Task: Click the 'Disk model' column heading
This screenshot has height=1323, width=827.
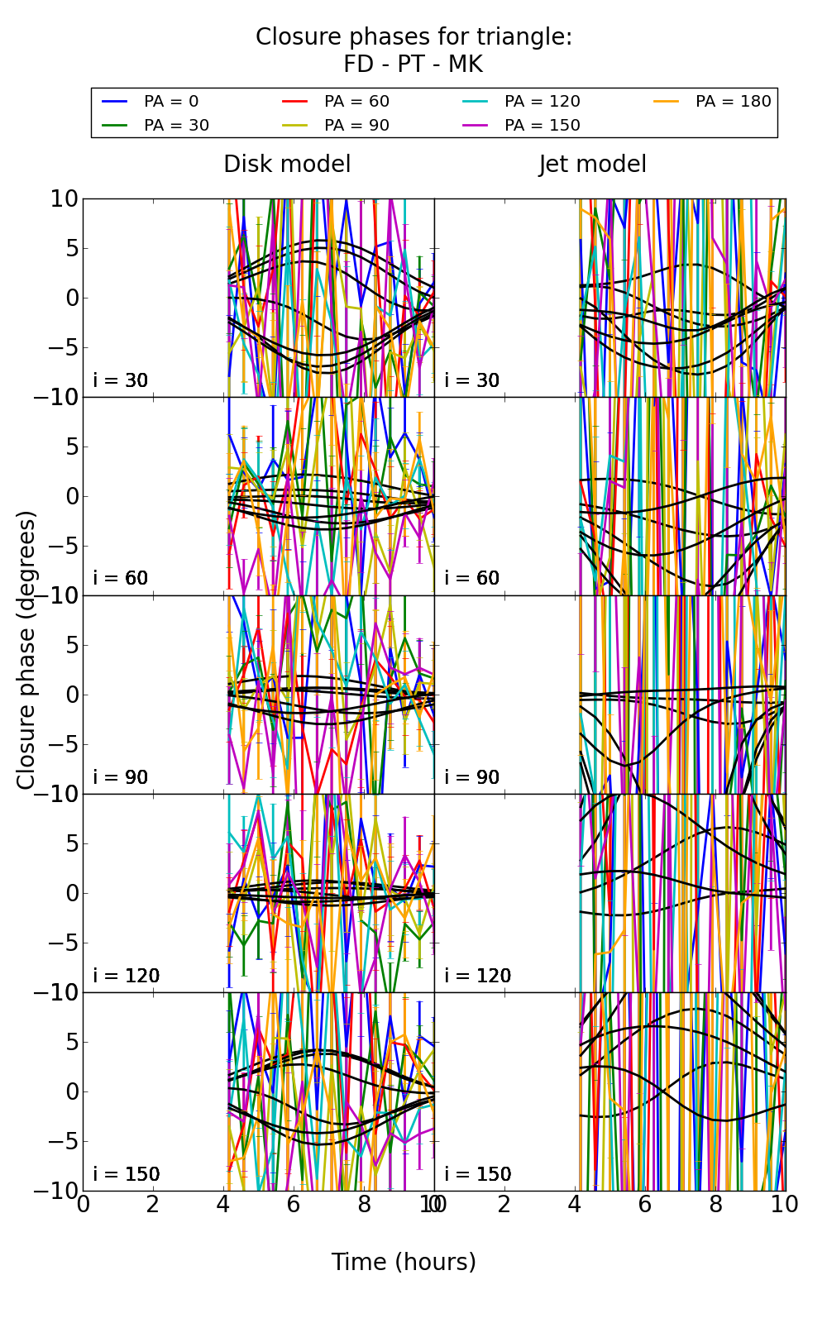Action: coord(287,165)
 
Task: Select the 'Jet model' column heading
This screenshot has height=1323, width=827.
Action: coord(592,165)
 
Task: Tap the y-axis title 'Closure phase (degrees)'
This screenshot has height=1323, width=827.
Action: coord(26,650)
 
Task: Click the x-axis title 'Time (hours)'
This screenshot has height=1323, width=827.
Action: coord(404,1263)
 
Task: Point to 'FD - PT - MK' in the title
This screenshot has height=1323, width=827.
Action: coord(413,64)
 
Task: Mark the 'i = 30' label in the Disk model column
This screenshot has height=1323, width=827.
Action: coord(121,380)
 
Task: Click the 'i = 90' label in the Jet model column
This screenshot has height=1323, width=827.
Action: coord(472,777)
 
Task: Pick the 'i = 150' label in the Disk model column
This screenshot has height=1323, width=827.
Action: coord(127,1174)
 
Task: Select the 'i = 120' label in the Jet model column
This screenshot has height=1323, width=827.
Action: coord(478,976)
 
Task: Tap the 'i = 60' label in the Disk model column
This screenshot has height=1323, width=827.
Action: coord(121,578)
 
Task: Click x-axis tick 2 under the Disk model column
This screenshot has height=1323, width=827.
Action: coord(153,1205)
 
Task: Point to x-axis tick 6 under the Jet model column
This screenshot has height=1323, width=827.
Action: coord(645,1205)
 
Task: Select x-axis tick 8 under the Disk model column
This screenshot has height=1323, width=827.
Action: coord(364,1205)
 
